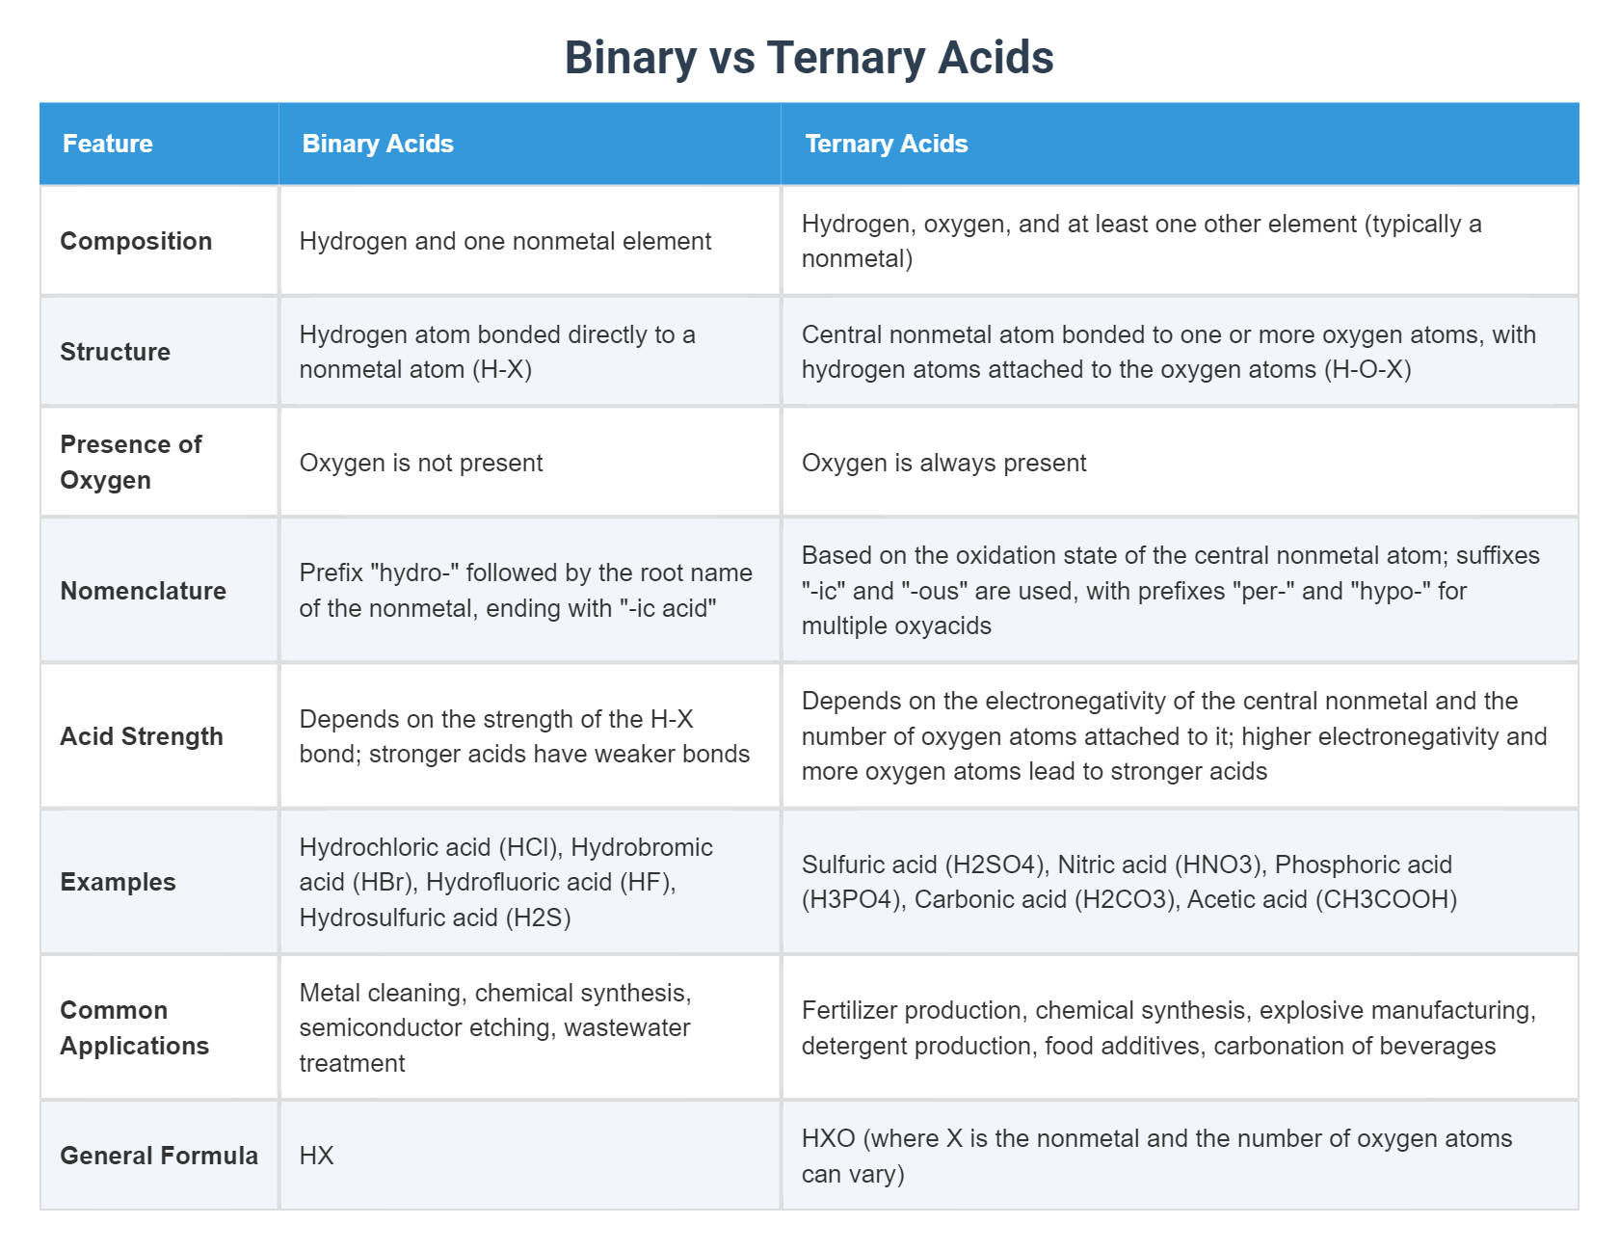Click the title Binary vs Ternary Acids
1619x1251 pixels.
coord(809,58)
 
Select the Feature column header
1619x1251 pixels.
coord(108,144)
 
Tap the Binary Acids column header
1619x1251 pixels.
coord(378,144)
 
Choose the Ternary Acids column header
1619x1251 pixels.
coord(886,144)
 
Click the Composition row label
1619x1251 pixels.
coord(136,241)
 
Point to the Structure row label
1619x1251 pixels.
coord(115,352)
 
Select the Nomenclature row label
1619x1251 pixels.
coord(143,591)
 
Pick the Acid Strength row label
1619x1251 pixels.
coord(142,736)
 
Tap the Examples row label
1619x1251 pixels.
coord(118,882)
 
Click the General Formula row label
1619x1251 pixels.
coord(159,1156)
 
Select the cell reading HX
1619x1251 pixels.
coord(316,1156)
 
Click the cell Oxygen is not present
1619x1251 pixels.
coord(421,463)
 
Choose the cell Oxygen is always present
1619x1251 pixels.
coord(943,463)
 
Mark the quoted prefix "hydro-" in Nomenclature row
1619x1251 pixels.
coord(413,573)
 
